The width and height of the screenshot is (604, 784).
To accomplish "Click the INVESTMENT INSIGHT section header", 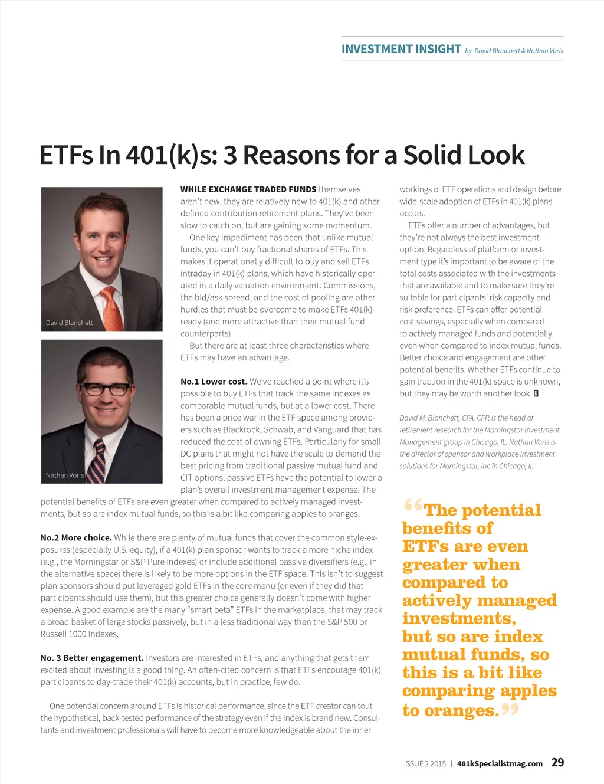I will (x=401, y=49).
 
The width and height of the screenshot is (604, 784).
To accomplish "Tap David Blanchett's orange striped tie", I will (x=111, y=307).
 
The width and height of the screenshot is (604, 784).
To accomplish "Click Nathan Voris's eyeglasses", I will (x=106, y=389).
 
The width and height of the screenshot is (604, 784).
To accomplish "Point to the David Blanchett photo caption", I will (x=70, y=323).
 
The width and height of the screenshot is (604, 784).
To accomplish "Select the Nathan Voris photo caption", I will (x=65, y=475).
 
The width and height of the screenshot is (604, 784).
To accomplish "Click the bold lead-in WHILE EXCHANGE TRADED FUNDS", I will (x=248, y=189).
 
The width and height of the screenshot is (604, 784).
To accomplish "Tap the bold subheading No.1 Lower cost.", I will (x=214, y=382).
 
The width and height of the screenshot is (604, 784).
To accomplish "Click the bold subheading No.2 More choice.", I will (x=76, y=537).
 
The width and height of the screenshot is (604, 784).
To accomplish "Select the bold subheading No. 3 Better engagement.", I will (x=92, y=658).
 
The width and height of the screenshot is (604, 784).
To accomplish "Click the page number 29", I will (x=557, y=762).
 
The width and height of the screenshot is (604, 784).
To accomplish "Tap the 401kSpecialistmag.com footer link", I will (x=500, y=763).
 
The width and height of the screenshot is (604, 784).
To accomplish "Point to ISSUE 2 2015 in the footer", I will (x=425, y=763).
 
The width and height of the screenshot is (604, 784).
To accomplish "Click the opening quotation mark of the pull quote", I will (x=413, y=506).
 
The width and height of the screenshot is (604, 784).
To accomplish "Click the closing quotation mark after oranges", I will (x=510, y=708).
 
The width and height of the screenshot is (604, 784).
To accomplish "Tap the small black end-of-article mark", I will (x=536, y=393).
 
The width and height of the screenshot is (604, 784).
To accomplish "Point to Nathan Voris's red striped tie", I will (x=97, y=461).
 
